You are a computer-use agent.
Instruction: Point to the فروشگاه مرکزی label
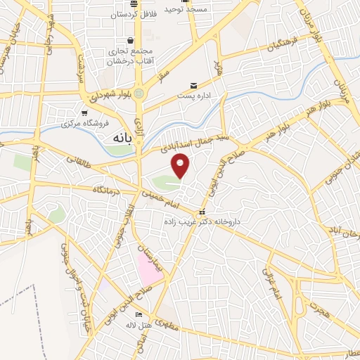pos(85,124)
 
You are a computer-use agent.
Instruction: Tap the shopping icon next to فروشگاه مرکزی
pos(84,113)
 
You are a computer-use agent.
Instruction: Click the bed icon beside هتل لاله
pos(139,314)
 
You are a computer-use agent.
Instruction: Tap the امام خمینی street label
pos(163,199)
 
